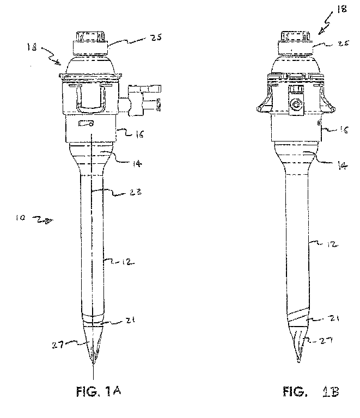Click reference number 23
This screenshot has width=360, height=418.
pos(132,192)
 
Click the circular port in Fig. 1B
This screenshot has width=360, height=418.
pos(297,104)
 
